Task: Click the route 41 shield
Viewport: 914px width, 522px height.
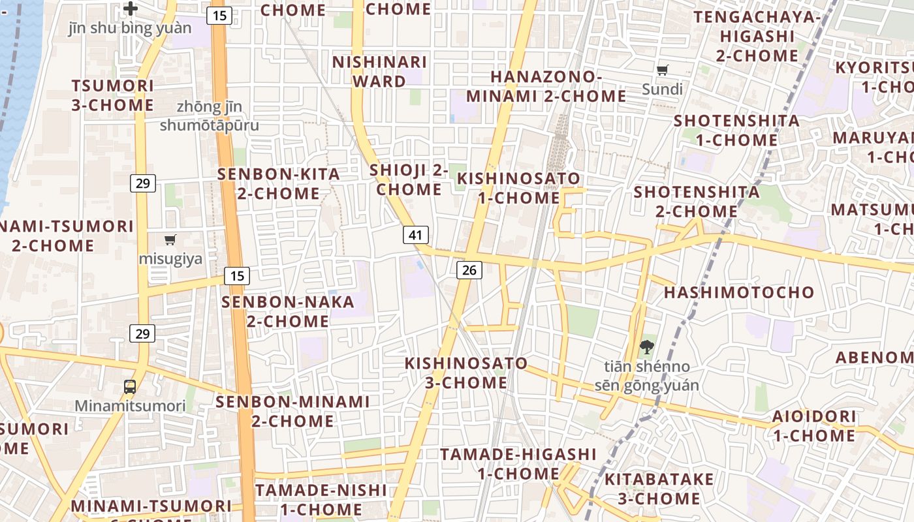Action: (416, 235)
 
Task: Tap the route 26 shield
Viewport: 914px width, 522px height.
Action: (469, 269)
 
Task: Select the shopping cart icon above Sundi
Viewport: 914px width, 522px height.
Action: (663, 70)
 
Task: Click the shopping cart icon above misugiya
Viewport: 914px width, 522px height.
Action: (170, 240)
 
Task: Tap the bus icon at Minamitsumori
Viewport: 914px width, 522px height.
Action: (130, 386)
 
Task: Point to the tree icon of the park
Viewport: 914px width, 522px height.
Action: (646, 347)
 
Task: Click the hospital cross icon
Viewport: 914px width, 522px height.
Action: (131, 9)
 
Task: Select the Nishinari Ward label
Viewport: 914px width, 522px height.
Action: (379, 72)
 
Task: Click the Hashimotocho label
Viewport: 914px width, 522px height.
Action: (739, 292)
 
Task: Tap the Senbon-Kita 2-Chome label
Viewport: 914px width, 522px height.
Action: (279, 184)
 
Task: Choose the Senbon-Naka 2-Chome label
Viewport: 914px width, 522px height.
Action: (288, 312)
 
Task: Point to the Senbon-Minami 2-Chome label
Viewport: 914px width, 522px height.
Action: (292, 411)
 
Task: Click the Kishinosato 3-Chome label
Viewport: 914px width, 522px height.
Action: (466, 373)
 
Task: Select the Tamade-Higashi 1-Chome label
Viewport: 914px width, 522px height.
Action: (518, 463)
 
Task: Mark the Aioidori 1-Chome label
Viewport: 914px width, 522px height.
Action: (814, 425)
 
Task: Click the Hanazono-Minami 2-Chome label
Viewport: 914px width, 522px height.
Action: (546, 86)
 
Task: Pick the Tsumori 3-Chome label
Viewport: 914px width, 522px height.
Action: (112, 95)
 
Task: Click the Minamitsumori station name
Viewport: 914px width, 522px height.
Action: (130, 406)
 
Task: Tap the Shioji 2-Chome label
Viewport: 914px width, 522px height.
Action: (409, 179)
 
